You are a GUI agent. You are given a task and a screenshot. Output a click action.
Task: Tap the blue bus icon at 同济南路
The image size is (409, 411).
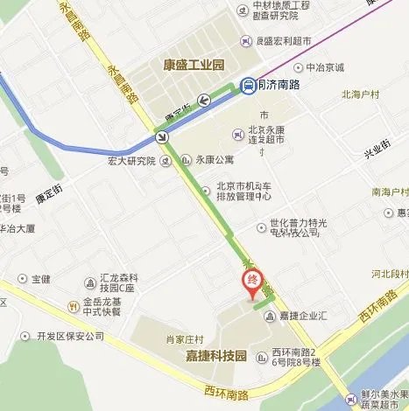pos(249,85)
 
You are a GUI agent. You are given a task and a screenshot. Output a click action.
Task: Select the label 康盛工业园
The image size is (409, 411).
pos(194,65)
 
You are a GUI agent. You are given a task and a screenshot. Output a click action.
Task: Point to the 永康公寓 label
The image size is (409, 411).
pos(215,160)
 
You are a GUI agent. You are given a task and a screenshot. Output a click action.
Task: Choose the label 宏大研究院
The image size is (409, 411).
pos(130,160)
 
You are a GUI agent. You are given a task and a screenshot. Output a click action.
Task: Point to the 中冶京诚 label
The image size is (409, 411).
pos(325,67)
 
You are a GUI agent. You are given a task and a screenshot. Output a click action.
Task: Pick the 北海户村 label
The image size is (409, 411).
pos(362,92)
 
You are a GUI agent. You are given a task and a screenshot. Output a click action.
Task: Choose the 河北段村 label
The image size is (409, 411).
pos(390,275)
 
